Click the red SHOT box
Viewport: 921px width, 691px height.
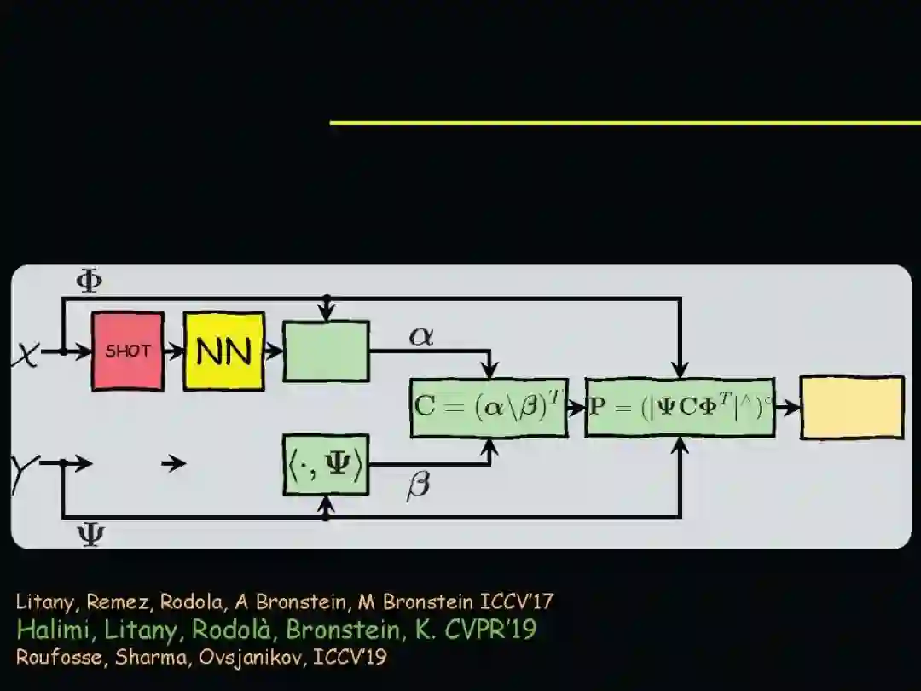click(x=128, y=351)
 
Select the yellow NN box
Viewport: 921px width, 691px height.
click(x=223, y=351)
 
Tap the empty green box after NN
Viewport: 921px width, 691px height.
click(x=326, y=351)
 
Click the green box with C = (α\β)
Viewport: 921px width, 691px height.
click(x=489, y=407)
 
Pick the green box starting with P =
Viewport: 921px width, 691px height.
click(x=680, y=407)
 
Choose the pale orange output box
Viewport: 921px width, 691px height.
click(x=851, y=407)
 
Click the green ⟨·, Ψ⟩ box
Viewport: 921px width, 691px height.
click(x=326, y=465)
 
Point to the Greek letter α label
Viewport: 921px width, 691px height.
click(x=421, y=335)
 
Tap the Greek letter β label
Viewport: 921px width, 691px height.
click(x=418, y=486)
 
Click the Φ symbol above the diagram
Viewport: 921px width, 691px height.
click(x=89, y=282)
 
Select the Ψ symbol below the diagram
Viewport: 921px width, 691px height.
click(x=90, y=536)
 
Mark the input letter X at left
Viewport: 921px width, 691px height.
click(x=26, y=352)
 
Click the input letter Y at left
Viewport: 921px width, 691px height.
click(x=24, y=473)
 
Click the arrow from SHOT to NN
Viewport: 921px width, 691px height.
click(x=174, y=351)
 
